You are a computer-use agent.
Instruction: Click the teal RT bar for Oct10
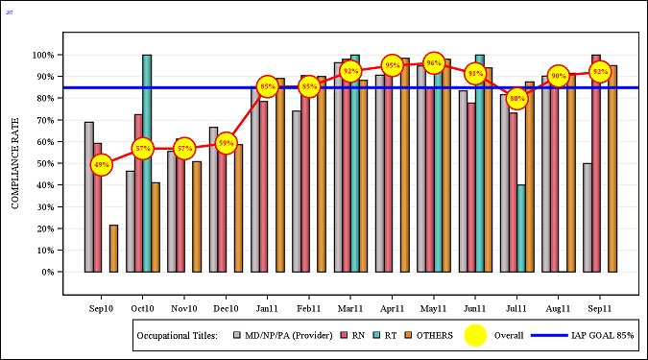147,163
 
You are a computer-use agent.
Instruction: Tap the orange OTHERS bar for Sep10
113,248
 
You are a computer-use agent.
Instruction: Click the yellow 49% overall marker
102,165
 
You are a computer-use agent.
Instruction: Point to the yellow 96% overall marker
434,63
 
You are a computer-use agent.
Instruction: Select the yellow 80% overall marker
517,98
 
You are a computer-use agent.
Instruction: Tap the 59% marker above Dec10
226,144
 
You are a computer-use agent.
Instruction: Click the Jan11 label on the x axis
267,308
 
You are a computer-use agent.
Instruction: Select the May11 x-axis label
434,308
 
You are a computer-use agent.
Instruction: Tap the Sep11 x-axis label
600,308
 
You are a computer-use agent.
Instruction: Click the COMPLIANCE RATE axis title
15,163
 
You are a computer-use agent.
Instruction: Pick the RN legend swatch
346,335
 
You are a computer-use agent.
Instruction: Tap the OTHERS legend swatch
407,335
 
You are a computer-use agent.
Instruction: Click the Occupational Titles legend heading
178,335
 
